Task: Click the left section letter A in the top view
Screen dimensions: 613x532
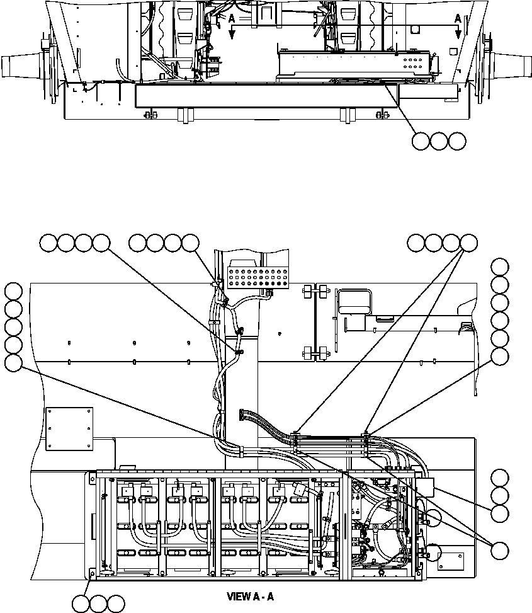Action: coord(231,20)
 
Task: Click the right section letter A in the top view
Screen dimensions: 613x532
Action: coord(458,20)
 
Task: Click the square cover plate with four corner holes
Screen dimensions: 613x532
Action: coord(69,428)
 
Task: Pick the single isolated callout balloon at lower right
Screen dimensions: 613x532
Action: coord(501,549)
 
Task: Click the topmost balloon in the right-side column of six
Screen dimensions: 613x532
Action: coord(500,266)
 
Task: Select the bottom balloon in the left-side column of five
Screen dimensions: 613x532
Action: coord(13,363)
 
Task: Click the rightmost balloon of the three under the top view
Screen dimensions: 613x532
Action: coord(458,142)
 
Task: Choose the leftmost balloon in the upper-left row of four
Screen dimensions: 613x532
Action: coord(48,242)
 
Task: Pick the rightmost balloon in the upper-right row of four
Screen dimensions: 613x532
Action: coord(468,242)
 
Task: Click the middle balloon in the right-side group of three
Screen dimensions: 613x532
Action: coord(500,495)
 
